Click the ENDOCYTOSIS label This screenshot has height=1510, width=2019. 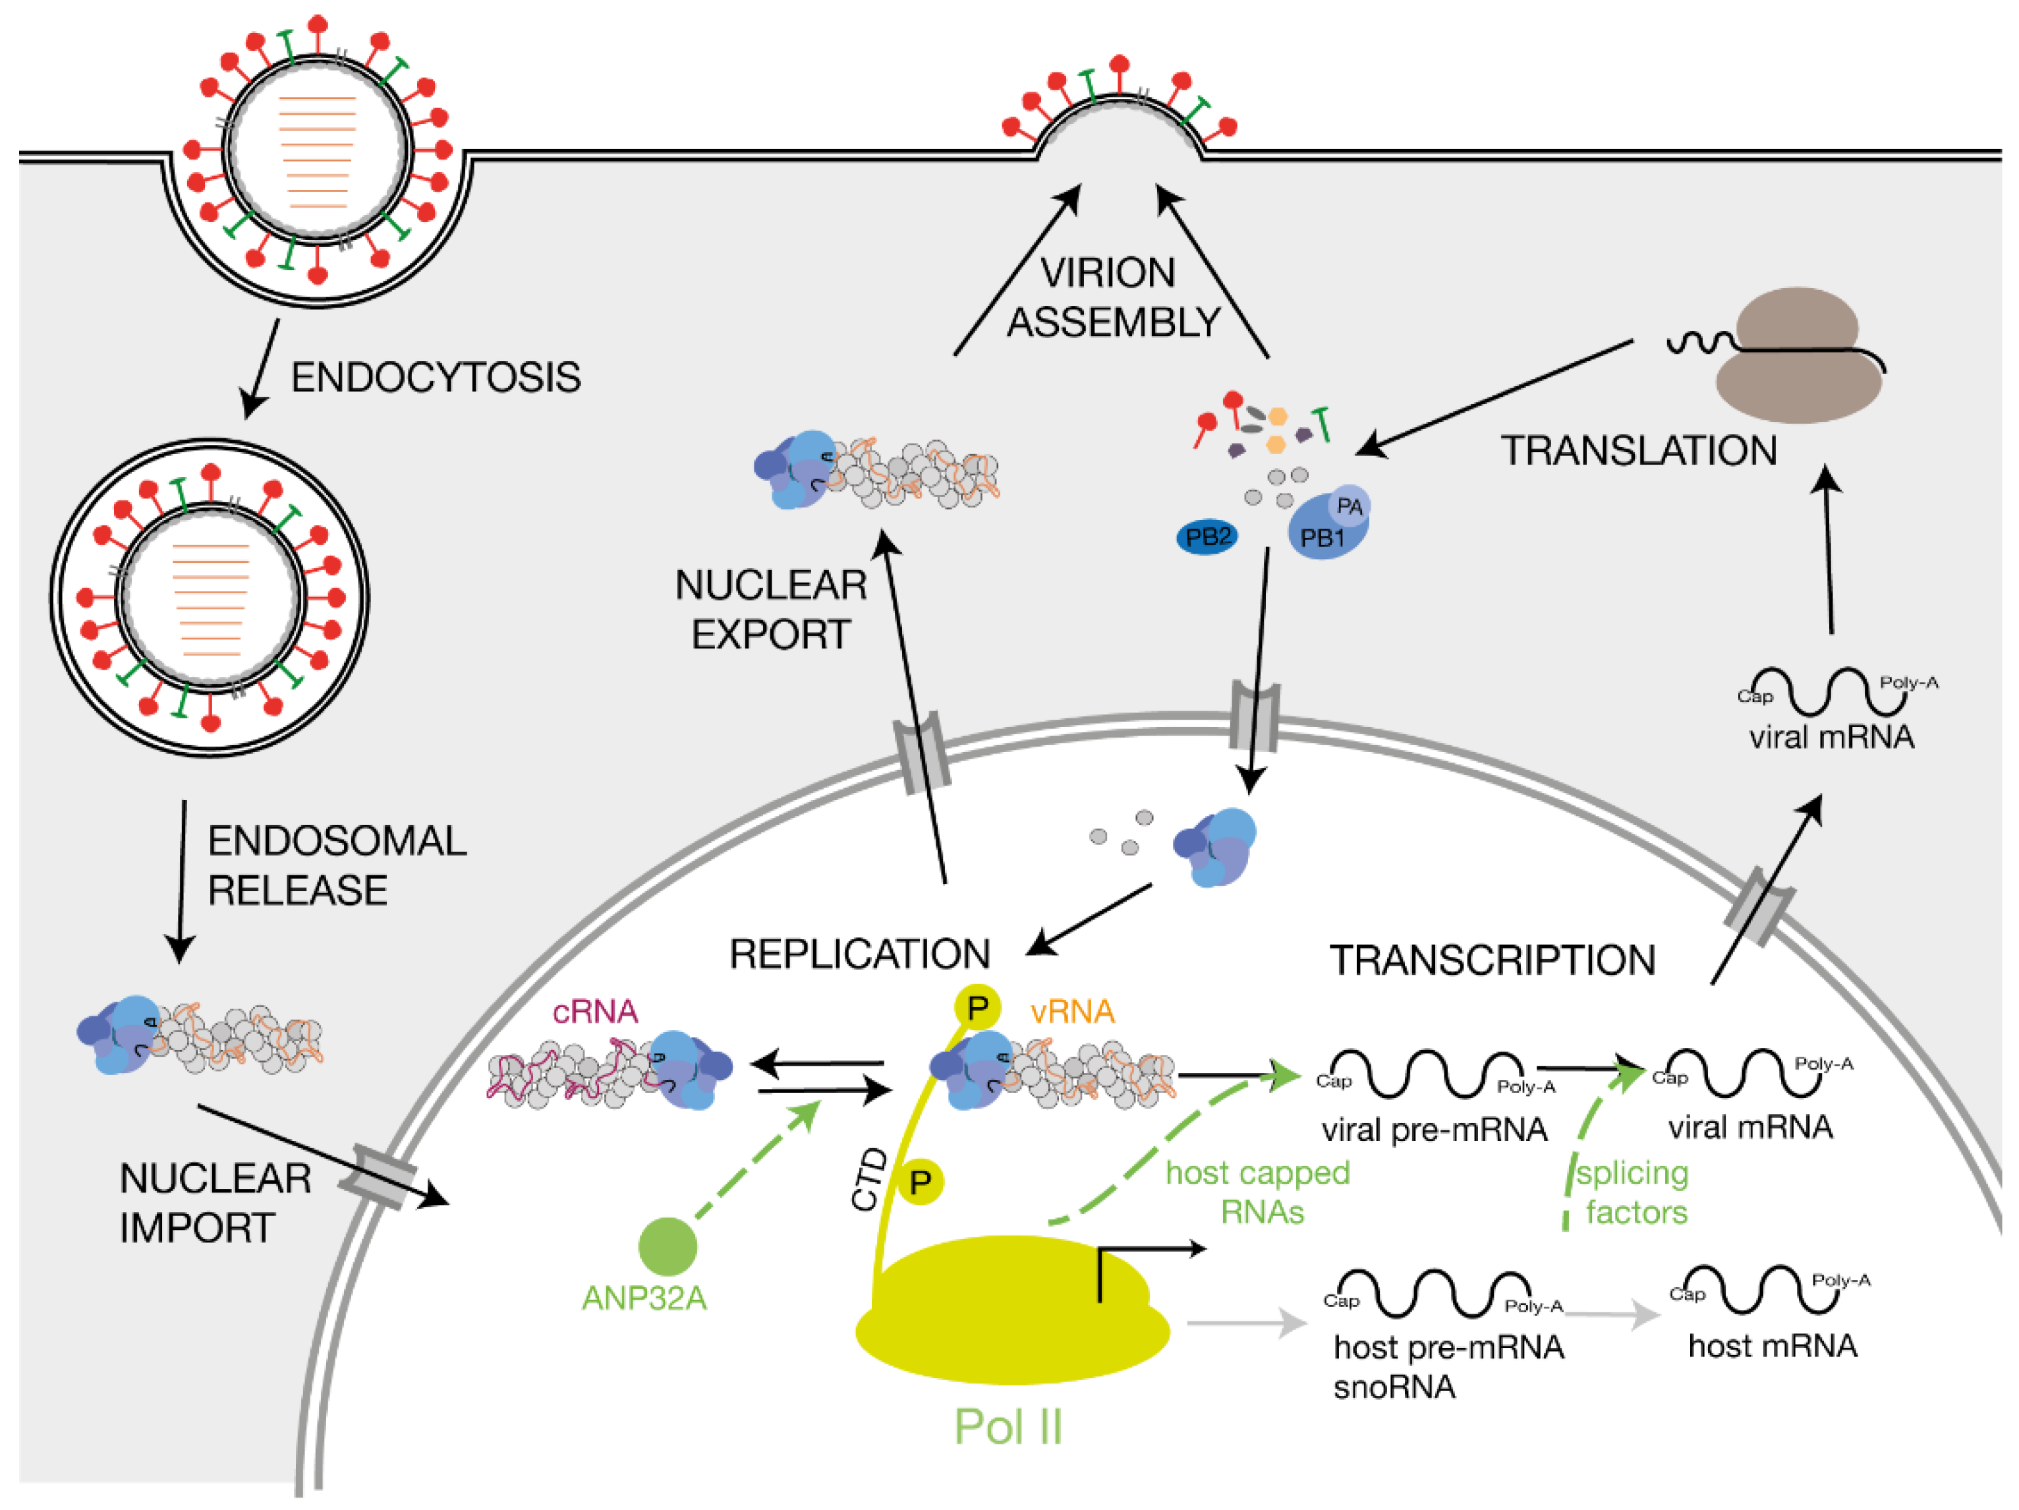coord(436,378)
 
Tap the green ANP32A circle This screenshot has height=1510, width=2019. coord(668,1246)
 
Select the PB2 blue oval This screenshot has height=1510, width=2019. coord(1207,537)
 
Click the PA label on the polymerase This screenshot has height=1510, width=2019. coord(1349,506)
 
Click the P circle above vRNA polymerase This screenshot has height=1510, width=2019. coord(978,1008)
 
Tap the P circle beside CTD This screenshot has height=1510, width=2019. coord(920,1182)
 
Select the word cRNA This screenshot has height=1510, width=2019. coord(595,1012)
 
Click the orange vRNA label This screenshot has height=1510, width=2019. coord(1073,1012)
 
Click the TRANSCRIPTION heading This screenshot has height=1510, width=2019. coord(1493,960)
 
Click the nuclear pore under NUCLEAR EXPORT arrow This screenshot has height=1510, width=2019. coord(922,753)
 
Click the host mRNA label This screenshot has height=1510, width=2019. coord(1773,1346)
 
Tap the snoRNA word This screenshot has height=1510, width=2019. coord(1394,1387)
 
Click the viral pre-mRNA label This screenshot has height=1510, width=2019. coord(1434,1130)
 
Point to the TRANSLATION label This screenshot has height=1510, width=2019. coord(1638,451)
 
